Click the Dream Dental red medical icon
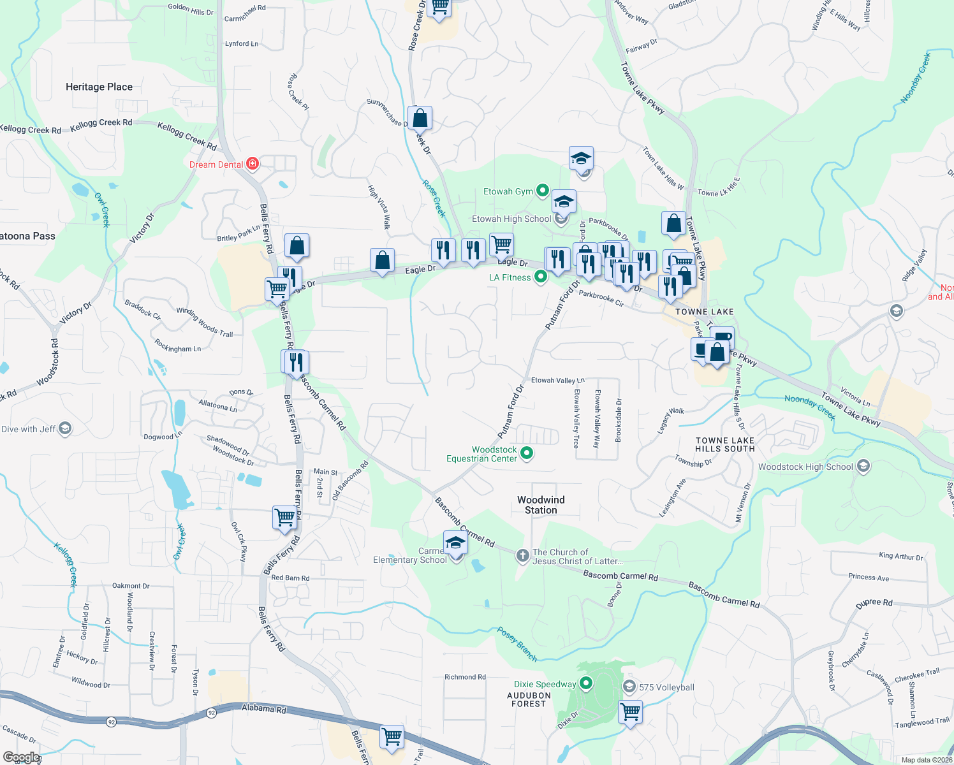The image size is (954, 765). pyautogui.click(x=253, y=164)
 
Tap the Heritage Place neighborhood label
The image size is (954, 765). pyautogui.click(x=99, y=87)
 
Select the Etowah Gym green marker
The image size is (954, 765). pyautogui.click(x=542, y=190)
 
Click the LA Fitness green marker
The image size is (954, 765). pyautogui.click(x=541, y=277)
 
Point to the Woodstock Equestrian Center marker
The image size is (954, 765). pyautogui.click(x=527, y=453)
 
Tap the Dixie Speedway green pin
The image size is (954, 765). pyautogui.click(x=585, y=684)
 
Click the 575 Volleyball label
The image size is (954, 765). pyautogui.click(x=666, y=687)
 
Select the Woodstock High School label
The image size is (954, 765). pyautogui.click(x=805, y=467)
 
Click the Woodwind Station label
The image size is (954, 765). pyautogui.click(x=541, y=505)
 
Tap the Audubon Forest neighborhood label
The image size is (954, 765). pyautogui.click(x=529, y=699)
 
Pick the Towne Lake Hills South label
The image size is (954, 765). pyautogui.click(x=724, y=444)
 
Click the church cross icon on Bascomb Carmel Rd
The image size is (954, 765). pyautogui.click(x=522, y=556)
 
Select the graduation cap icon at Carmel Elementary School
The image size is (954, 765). pyautogui.click(x=455, y=543)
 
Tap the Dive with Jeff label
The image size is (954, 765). pyautogui.click(x=29, y=429)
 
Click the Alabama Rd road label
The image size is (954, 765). pyautogui.click(x=264, y=708)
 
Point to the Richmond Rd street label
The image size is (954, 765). pyautogui.click(x=465, y=677)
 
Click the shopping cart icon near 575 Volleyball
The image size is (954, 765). pyautogui.click(x=630, y=711)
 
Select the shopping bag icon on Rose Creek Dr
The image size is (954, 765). pyautogui.click(x=420, y=119)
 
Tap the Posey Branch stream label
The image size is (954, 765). pyautogui.click(x=517, y=644)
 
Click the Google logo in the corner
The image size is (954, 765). pyautogui.click(x=21, y=757)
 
